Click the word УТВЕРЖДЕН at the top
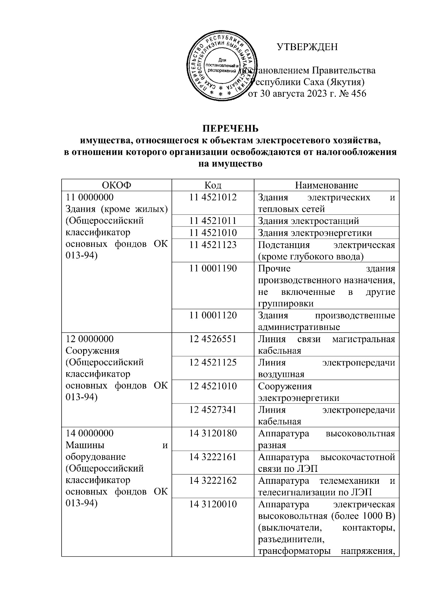307,47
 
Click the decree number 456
358,94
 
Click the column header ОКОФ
116,185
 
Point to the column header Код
213,185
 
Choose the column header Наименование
326,185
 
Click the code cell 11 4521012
213,197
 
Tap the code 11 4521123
213,245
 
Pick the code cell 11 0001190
213,268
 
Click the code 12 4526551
213,339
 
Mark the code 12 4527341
213,410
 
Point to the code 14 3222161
213,457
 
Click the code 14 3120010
213,504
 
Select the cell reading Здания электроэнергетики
315,233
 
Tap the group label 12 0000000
90,339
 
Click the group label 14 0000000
90,433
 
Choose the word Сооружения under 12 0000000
92,350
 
